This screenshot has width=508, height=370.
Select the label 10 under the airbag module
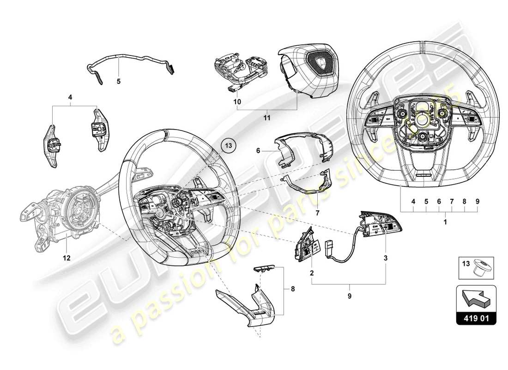tap(237, 100)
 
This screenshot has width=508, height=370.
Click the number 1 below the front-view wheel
tap(445, 222)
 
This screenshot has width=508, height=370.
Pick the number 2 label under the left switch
tap(312, 273)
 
